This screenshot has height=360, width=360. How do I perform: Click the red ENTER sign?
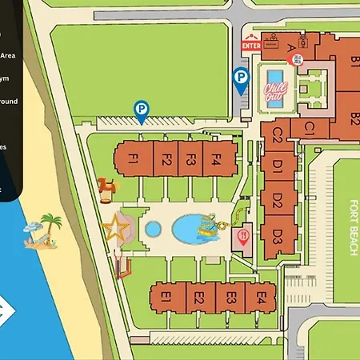250,46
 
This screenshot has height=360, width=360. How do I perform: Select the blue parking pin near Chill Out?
239,78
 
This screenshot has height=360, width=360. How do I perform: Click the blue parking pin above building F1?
141,110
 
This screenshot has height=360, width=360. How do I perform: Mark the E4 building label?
260,298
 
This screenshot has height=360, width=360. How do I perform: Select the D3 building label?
278,236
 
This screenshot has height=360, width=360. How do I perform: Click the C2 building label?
278,134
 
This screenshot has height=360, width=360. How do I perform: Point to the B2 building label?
354,118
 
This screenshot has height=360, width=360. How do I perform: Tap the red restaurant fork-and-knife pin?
243,234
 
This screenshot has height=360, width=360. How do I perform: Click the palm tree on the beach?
51,223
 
